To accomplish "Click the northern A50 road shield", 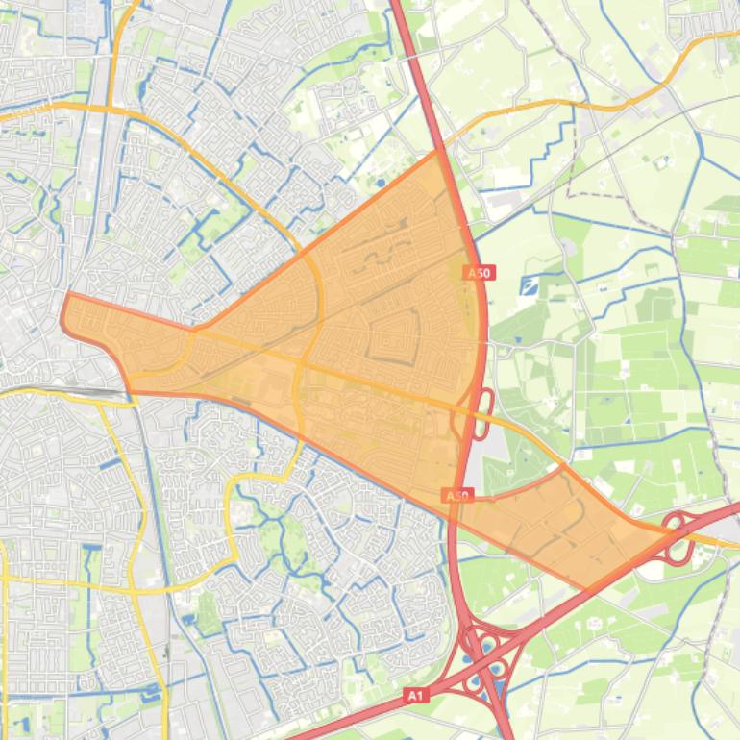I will coord(480,273).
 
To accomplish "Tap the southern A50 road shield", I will coord(458,496).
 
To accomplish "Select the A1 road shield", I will coord(415,695).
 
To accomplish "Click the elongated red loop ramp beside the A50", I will coord(482,414).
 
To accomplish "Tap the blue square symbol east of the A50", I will coord(529,285).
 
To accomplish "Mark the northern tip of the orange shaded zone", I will coord(438,151).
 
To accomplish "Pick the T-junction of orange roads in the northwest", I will coord(111,109).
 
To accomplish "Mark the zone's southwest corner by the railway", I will coord(129,389).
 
